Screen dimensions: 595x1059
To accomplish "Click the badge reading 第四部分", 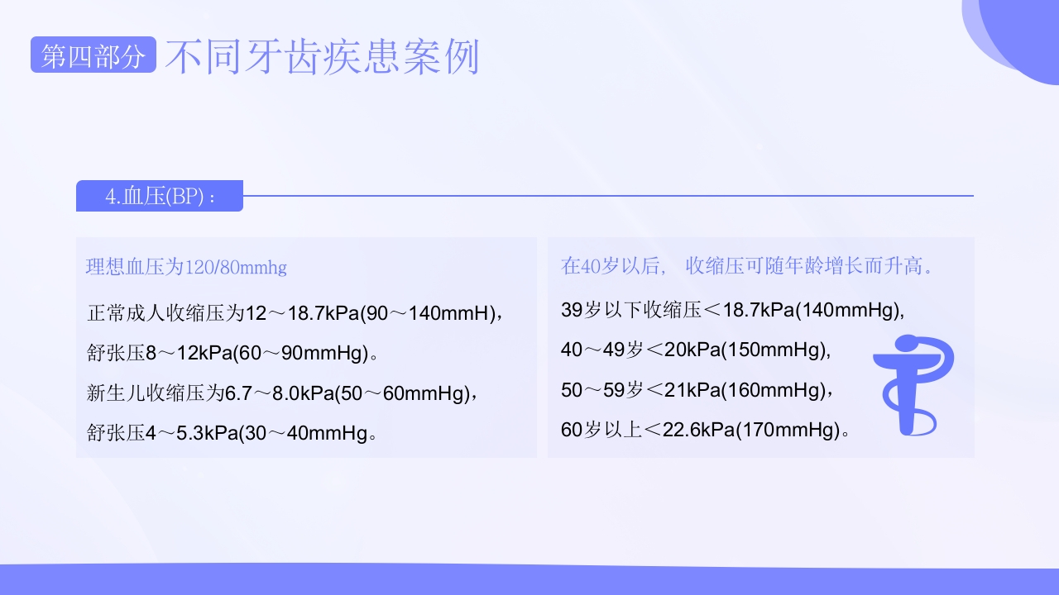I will pyautogui.click(x=93, y=56).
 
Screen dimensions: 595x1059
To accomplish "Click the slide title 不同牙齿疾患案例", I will pyautogui.click(x=323, y=56).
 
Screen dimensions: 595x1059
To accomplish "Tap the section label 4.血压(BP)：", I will pyautogui.click(x=160, y=197).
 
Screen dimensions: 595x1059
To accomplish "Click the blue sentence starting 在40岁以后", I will pyautogui.click(x=749, y=266).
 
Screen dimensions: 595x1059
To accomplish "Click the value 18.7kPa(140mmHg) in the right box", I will pyautogui.click(x=812, y=310).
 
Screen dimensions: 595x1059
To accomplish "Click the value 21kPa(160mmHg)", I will pyautogui.click(x=745, y=390).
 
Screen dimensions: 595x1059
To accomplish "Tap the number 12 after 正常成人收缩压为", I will pyautogui.click(x=256, y=314).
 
